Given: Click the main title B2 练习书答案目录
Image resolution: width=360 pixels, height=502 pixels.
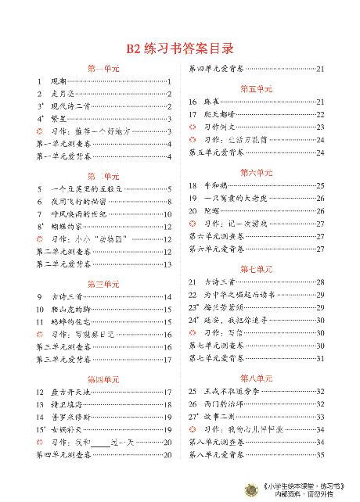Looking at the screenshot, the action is coord(180,48).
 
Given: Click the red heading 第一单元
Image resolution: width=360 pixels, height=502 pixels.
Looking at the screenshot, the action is coord(104,69).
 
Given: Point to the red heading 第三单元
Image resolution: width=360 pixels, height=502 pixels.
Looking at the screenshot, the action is coord(104,283).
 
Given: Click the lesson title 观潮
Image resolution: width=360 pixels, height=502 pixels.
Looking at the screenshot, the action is coord(58,82).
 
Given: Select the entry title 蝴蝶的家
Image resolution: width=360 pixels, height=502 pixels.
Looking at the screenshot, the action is coord(66,227).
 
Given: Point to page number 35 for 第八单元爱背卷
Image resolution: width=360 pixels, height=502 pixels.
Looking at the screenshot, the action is coord(320,455).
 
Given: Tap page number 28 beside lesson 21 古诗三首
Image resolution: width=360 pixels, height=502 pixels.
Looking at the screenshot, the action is coord(320,281).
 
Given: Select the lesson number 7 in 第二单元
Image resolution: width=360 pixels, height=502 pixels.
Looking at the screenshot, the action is coord(39,214).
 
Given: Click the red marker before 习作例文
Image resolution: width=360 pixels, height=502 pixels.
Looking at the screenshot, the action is coord(193,127).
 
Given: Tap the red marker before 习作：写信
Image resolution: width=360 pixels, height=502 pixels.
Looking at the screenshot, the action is coord(193,332).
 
